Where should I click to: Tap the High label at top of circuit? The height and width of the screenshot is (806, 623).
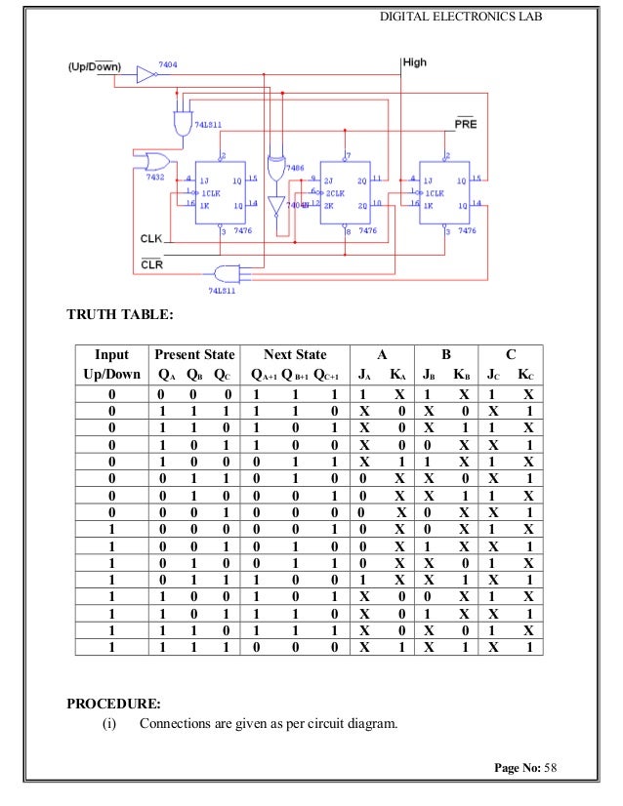pos(415,62)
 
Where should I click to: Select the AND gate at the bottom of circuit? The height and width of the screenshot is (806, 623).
pos(226,272)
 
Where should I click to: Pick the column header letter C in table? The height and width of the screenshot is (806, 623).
pos(512,354)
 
